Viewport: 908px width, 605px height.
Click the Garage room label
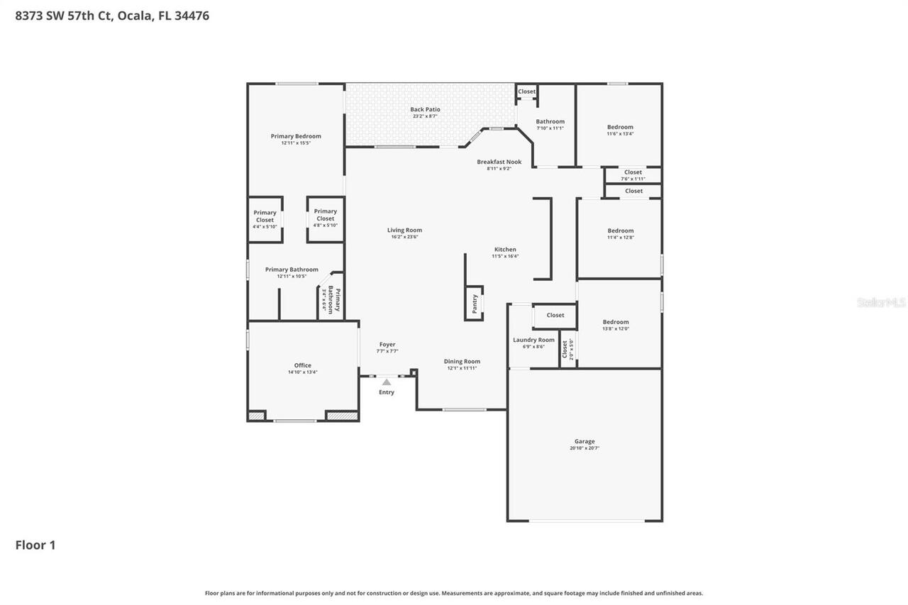[x=585, y=441]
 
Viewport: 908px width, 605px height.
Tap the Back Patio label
[x=425, y=109]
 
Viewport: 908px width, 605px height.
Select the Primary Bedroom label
[x=296, y=136]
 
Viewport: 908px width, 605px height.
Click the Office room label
[x=303, y=365]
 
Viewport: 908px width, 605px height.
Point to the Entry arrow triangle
[x=387, y=382]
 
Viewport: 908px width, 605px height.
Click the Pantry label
[x=475, y=304]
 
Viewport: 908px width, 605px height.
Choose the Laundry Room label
[x=533, y=340]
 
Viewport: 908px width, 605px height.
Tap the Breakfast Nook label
[x=499, y=162]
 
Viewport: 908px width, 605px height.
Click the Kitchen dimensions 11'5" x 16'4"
[x=505, y=256]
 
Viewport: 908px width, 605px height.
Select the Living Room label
[x=404, y=230]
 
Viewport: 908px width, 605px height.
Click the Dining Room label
[x=462, y=361]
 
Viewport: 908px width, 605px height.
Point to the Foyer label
[x=387, y=345]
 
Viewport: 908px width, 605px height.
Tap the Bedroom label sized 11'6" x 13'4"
[x=620, y=127]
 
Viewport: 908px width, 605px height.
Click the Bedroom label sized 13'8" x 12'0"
[x=615, y=322]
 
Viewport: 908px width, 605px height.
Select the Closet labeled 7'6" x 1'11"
[x=633, y=172]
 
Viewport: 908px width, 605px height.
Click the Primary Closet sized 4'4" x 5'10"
[x=265, y=216]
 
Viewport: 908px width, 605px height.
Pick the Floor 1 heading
[x=35, y=545]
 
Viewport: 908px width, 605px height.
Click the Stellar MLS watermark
[x=881, y=302]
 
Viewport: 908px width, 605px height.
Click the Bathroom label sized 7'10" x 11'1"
[x=550, y=121]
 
